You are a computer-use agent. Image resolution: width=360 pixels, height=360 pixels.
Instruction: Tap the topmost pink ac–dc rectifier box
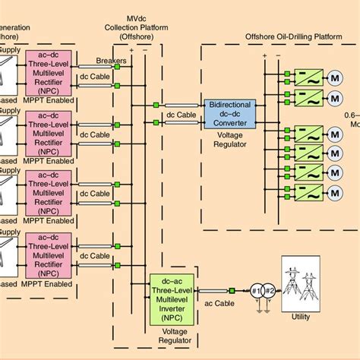tap(49, 71)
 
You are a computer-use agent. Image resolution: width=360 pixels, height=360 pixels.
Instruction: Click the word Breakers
tap(112, 61)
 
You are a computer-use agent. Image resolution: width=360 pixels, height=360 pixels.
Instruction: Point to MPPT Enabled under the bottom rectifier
tap(49, 284)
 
